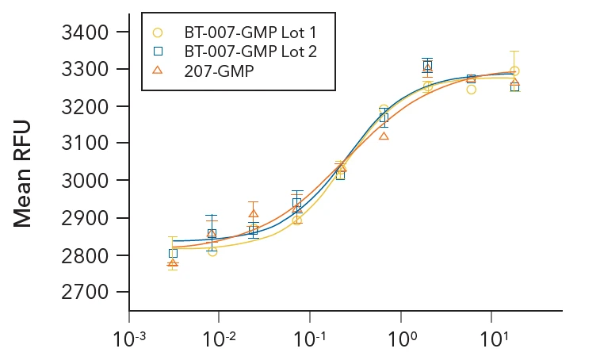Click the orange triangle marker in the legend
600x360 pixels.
click(x=158, y=70)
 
